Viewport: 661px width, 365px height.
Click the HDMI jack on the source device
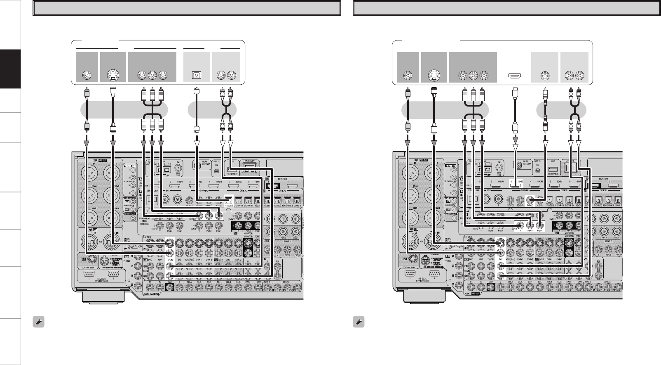pos(514,76)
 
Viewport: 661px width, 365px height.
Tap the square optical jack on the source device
pos(197,76)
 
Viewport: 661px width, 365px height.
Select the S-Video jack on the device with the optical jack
pos(113,76)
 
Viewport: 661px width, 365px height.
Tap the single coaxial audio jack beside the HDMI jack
pos(545,76)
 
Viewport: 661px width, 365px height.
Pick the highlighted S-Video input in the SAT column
pos(501,244)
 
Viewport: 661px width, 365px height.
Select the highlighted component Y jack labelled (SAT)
pos(520,225)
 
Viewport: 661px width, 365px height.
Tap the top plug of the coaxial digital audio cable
pos(545,93)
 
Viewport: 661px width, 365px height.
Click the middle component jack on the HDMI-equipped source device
pos(473,76)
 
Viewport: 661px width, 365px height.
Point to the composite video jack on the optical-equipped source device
pos(87,76)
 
